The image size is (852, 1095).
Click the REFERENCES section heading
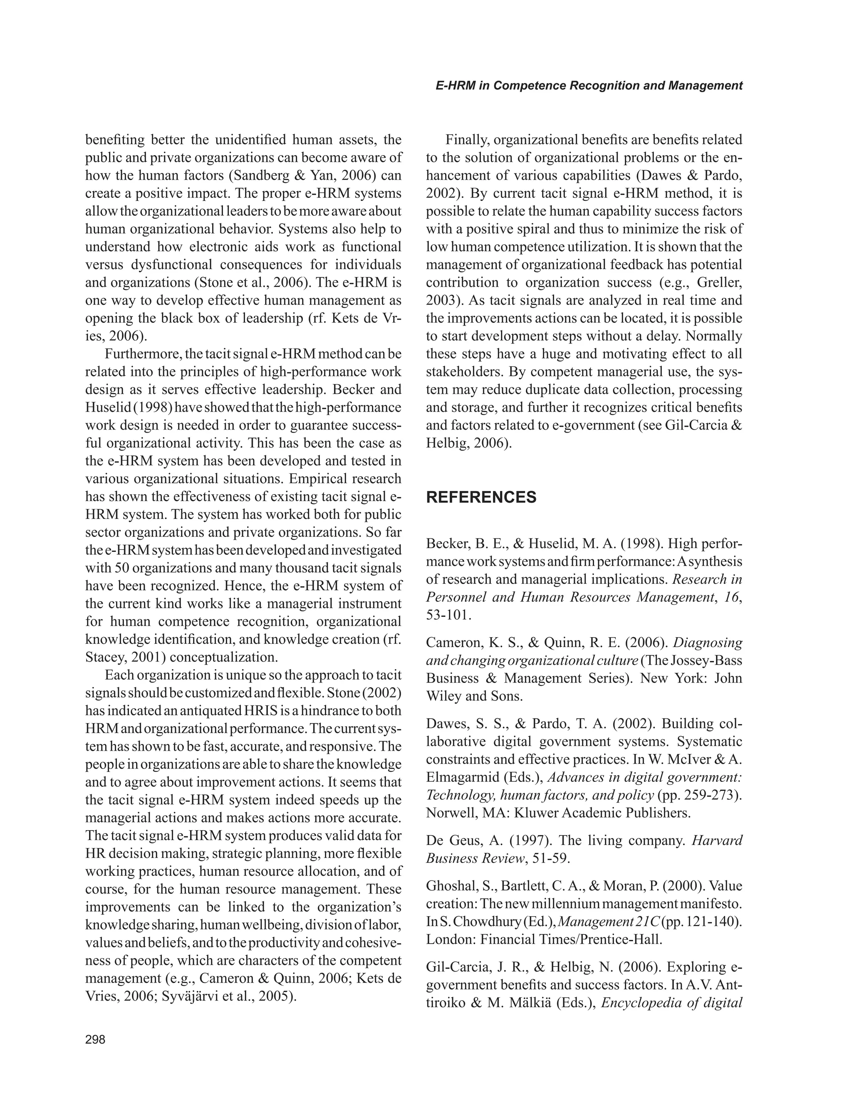pyautogui.click(x=481, y=497)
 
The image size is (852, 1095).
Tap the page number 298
pyautogui.click(x=95, y=1039)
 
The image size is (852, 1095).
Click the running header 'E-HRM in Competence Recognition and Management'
pyautogui.click(x=589, y=85)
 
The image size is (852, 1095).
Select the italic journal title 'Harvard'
pyautogui.click(x=717, y=840)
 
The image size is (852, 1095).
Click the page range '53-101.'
pyautogui.click(x=449, y=615)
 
